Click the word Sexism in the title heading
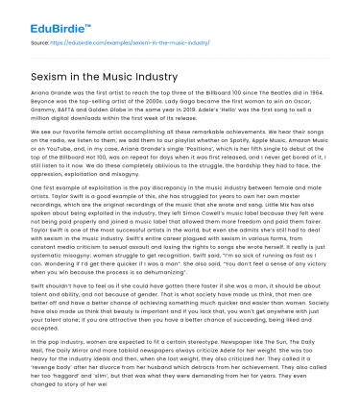coord(49,75)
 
